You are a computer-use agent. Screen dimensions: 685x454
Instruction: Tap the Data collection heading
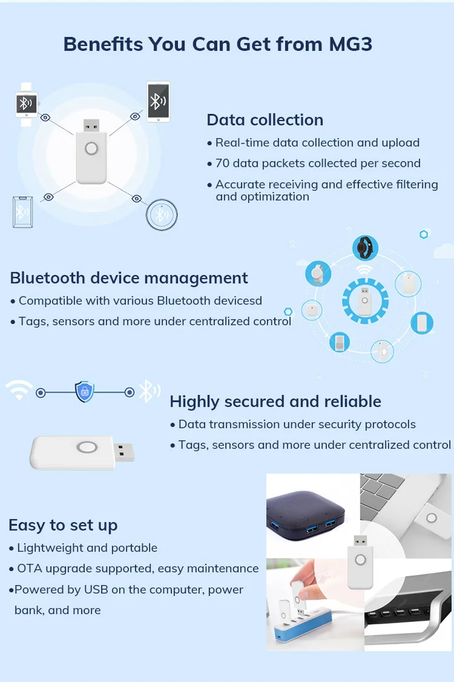click(x=265, y=120)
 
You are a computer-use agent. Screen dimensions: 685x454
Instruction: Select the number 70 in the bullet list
click(x=223, y=164)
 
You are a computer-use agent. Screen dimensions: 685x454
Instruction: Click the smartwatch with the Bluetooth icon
click(x=25, y=104)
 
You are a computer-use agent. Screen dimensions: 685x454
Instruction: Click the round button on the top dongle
click(x=91, y=148)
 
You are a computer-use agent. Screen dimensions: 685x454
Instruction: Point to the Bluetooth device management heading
click(x=128, y=278)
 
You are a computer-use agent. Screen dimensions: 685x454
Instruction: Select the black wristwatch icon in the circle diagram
click(x=365, y=248)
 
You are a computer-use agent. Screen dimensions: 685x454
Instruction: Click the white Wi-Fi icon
click(x=19, y=391)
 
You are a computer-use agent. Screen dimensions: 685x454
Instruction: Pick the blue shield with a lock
click(x=85, y=392)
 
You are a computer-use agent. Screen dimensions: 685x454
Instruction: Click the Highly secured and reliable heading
click(x=275, y=402)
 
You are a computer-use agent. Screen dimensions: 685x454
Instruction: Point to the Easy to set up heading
click(x=63, y=525)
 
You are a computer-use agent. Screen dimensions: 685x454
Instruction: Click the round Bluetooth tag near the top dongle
click(x=162, y=214)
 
